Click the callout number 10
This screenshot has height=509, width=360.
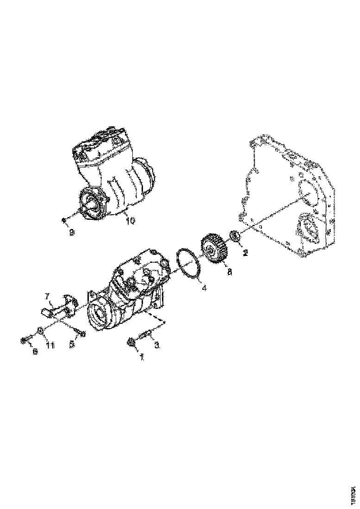[130, 221]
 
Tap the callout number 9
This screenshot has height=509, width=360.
[72, 233]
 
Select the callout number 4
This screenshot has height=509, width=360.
[203, 287]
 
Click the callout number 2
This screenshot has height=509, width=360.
[246, 253]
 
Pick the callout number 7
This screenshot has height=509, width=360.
[47, 295]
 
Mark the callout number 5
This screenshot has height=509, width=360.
[72, 345]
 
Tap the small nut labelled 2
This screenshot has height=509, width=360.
[235, 237]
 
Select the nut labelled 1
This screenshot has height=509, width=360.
[132, 342]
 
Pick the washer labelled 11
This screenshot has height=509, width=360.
[41, 331]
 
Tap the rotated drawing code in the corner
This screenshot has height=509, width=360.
[353, 493]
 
